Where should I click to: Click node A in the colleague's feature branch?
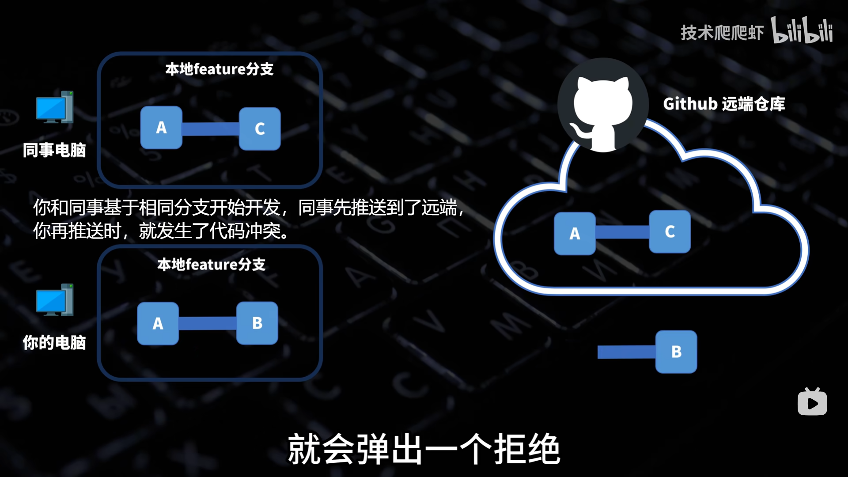(x=161, y=128)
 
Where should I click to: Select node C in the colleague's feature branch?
(x=260, y=129)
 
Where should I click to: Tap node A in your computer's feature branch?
(x=158, y=324)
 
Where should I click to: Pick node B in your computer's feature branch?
(x=257, y=323)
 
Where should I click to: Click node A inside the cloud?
(x=575, y=233)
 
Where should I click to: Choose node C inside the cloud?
(x=670, y=231)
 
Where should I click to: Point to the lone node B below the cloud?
(x=676, y=352)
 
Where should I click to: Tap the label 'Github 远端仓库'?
(x=724, y=104)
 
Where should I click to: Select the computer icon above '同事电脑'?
(x=55, y=107)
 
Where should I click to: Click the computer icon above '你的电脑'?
(x=55, y=300)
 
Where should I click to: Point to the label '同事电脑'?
(x=54, y=150)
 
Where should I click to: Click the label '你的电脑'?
(x=54, y=343)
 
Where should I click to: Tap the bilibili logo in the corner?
(x=802, y=30)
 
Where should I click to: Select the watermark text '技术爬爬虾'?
(x=722, y=33)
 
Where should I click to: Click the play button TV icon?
(x=812, y=402)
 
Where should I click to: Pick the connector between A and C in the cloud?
(x=622, y=232)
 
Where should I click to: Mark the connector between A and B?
(x=208, y=323)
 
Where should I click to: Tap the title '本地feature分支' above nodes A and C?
(x=220, y=69)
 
